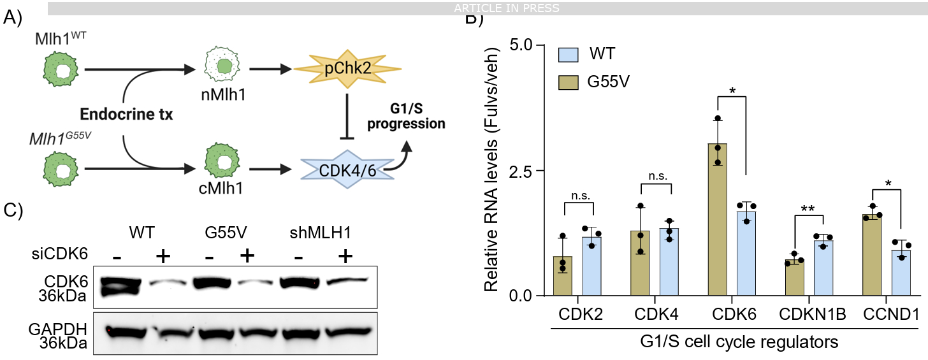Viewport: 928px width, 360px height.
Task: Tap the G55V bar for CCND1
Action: point(873,255)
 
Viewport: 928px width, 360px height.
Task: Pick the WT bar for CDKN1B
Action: point(822,268)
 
